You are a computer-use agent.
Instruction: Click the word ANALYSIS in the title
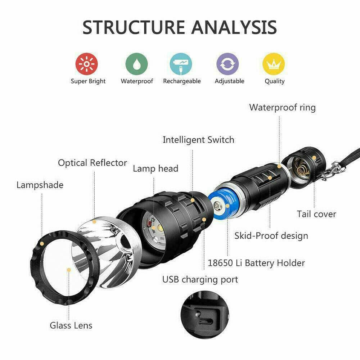234,27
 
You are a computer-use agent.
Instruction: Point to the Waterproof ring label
282,107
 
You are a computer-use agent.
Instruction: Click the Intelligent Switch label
198,140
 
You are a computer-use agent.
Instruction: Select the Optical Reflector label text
93,163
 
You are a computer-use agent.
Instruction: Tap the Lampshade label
40,185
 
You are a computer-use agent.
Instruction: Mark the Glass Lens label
71,325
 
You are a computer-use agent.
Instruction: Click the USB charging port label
200,279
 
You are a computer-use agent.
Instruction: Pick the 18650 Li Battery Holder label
256,263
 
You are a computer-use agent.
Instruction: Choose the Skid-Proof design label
271,236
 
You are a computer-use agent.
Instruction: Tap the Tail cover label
316,214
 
